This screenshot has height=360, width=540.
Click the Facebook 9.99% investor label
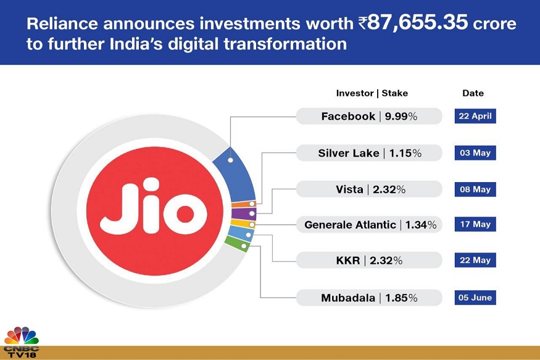369,116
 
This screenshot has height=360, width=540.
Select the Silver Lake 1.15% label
369,153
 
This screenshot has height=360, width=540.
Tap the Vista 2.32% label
369,189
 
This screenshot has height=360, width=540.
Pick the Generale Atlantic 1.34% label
369,225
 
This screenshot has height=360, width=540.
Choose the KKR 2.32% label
369,260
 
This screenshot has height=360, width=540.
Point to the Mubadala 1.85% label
369,298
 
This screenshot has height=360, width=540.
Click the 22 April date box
475,116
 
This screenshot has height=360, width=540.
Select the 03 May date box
475,153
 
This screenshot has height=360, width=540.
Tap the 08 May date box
475,190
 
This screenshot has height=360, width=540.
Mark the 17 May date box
475,224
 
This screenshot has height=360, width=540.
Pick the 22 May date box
475,260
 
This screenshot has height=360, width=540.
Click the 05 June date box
475,298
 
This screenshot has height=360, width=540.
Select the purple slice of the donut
244,214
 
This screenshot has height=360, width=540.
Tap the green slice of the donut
237,243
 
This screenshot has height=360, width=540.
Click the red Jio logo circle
155,211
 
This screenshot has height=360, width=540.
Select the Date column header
473,93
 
